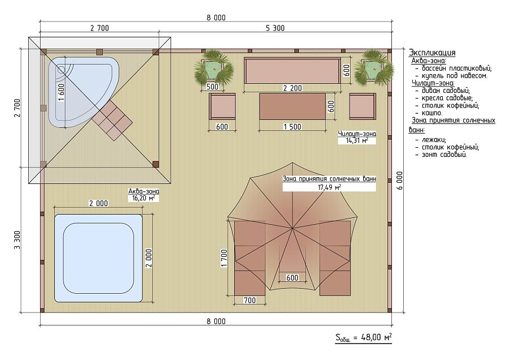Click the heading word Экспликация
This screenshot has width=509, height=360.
click(432, 53)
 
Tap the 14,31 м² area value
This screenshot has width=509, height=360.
click(357, 141)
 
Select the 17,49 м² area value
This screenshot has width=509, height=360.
click(329, 187)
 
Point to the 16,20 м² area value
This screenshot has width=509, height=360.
click(144, 198)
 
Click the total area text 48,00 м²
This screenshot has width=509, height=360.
click(376, 337)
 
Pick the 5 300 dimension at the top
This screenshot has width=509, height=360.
click(275, 28)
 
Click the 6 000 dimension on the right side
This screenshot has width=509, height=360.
click(400, 181)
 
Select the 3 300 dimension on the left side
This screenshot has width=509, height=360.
click(17, 240)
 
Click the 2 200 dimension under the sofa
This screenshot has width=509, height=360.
click(292, 88)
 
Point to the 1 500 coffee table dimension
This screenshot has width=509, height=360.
click(292, 127)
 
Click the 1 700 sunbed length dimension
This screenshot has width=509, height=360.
click(224, 258)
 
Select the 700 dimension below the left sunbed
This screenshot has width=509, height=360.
click(249, 300)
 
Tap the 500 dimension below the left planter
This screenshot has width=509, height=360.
click(212, 87)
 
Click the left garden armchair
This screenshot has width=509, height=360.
click(222, 106)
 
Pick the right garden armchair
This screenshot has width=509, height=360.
click(363, 106)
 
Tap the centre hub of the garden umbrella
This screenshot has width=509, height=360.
click(292, 229)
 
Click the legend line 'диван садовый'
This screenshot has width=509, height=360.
click(443, 91)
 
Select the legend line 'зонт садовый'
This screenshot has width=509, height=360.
click(441, 155)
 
